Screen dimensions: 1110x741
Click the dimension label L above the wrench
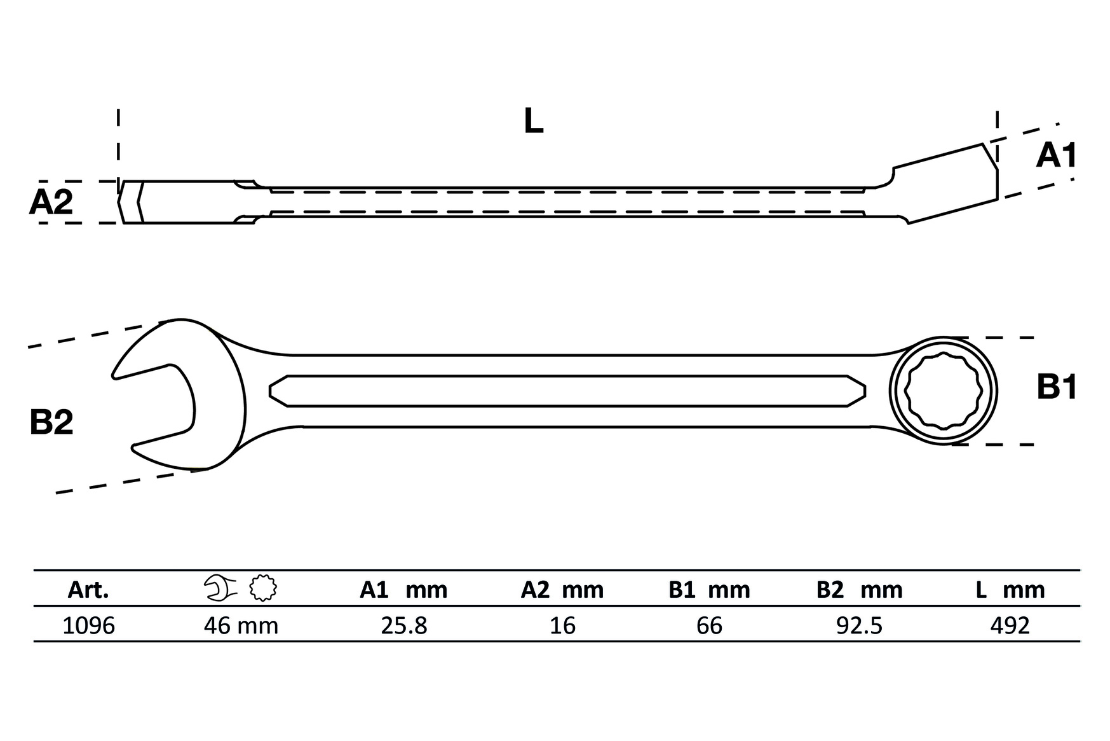[533, 121]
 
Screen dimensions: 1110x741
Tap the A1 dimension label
[1056, 156]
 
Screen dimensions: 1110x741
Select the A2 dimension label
[51, 203]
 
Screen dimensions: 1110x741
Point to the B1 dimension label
[1057, 387]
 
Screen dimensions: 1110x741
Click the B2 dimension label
[51, 422]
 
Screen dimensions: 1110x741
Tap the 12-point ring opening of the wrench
[943, 391]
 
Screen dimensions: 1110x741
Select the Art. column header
[88, 590]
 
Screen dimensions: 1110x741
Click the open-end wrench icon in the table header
[220, 588]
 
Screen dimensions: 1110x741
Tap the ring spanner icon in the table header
[263, 588]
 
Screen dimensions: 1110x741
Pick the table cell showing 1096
[89, 626]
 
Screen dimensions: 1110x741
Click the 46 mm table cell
[241, 626]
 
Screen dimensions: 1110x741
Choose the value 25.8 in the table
[404, 626]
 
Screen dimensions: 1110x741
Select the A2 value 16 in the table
[563, 626]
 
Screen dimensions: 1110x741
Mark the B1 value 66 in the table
[709, 626]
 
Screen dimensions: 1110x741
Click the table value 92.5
[859, 626]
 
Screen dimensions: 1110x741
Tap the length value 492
[1010, 626]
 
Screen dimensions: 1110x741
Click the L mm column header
[1010, 590]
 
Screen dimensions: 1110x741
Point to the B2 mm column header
[859, 590]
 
